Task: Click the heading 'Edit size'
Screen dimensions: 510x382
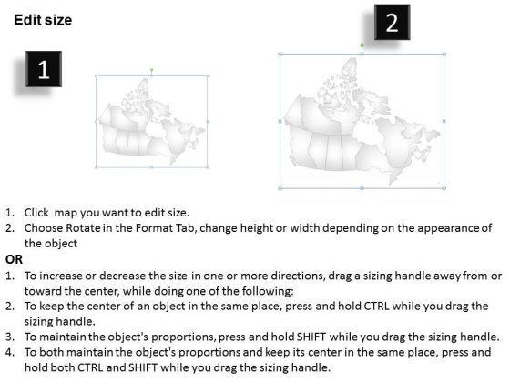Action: point(43,20)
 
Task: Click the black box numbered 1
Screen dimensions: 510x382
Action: point(44,69)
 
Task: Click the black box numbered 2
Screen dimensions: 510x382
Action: point(392,22)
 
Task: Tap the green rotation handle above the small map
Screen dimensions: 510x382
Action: point(151,69)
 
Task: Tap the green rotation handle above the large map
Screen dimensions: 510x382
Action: point(362,45)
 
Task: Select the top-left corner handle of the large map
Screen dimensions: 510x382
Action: point(280,55)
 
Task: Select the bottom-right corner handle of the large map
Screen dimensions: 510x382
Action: point(444,187)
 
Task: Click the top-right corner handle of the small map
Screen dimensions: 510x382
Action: point(208,76)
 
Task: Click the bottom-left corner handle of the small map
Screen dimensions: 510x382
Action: point(96,167)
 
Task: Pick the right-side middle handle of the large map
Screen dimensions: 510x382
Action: point(444,121)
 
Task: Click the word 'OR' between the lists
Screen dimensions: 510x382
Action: point(14,259)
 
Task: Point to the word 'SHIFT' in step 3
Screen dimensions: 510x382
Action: point(311,337)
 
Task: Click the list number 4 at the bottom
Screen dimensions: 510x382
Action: point(10,352)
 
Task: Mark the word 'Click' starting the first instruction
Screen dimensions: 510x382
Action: point(36,213)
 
